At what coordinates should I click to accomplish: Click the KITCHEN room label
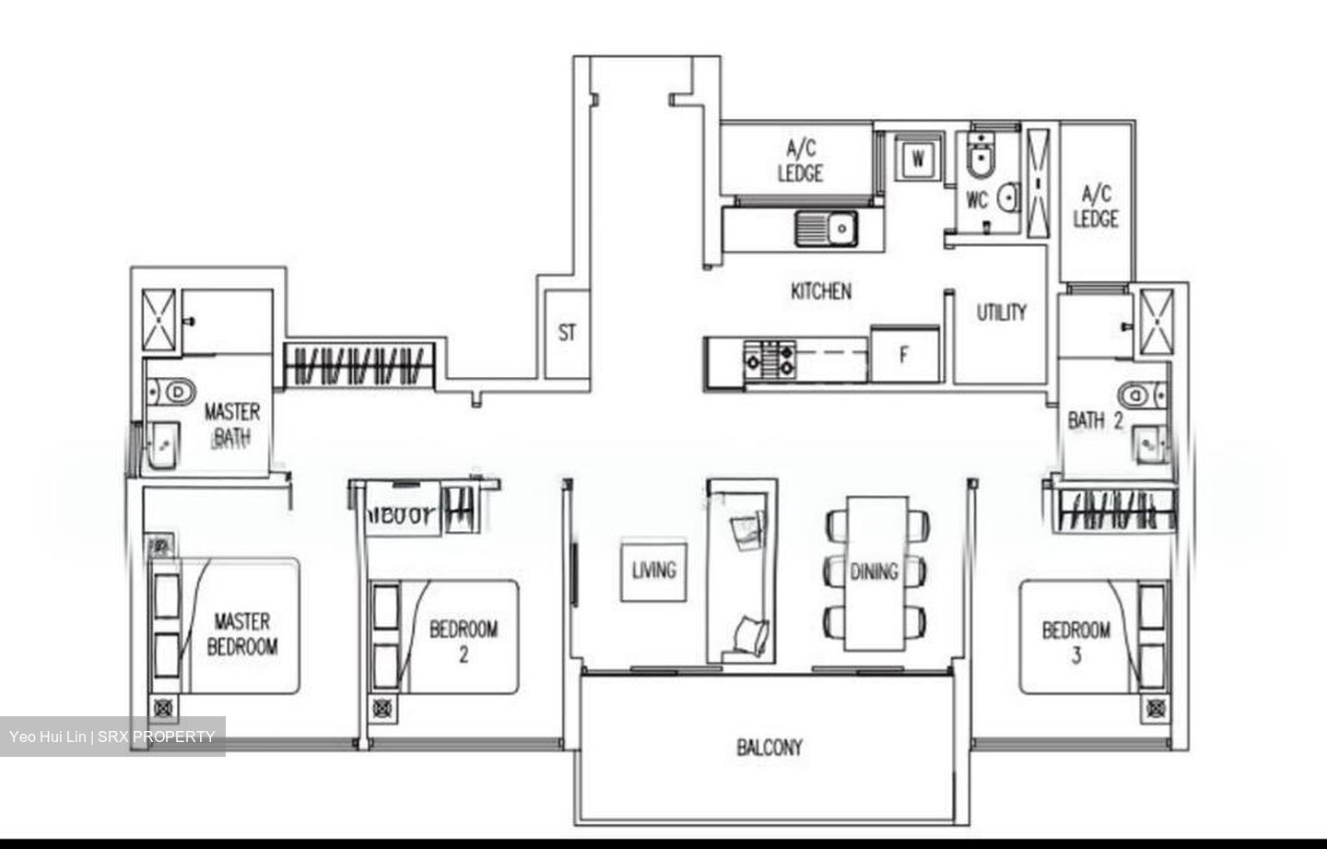821,291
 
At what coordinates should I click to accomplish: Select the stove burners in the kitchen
770,358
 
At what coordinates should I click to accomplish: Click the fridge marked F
904,354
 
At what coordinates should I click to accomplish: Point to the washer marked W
918,159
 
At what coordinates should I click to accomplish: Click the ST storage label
567,333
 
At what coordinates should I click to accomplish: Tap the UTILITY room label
1002,312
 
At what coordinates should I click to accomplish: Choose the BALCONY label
769,747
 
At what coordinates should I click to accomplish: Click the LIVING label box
653,571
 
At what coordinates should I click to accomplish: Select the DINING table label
874,572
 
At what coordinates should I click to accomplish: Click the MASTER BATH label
231,424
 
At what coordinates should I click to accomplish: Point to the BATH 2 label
1095,420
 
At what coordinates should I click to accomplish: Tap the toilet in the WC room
979,159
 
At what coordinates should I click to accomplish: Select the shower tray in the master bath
159,320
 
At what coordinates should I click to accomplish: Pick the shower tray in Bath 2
1157,322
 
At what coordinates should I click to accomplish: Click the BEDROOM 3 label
1075,643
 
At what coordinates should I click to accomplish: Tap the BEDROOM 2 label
464,641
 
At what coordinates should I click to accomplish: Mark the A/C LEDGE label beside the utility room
1096,206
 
